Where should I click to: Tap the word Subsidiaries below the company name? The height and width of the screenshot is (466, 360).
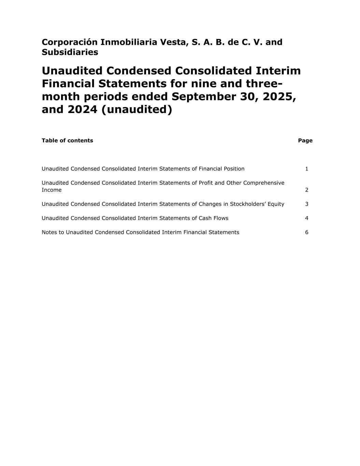(70, 52)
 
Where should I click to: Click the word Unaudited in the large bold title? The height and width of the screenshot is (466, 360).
(72, 71)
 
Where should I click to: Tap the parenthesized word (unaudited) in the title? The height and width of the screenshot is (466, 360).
(137, 109)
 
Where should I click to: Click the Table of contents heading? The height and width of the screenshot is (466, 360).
(67, 140)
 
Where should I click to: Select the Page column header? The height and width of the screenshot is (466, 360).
(305, 140)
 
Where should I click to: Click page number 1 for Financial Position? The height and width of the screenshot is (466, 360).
(306, 169)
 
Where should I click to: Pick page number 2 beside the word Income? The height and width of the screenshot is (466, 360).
(306, 190)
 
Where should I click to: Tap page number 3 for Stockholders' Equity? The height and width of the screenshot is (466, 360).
(306, 204)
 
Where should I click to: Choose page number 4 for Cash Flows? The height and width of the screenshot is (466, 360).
(306, 218)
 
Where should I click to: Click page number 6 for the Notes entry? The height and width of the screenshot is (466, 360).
(306, 232)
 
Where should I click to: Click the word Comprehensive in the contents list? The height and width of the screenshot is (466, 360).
(263, 183)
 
